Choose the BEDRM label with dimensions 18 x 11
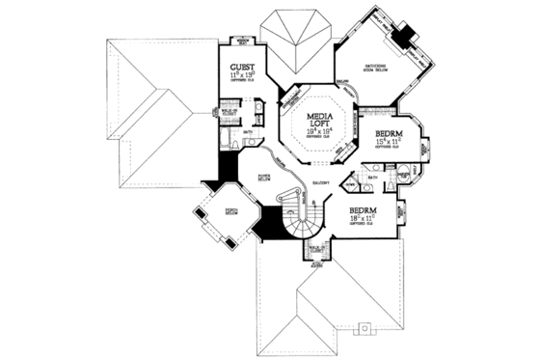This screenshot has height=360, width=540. [363, 209]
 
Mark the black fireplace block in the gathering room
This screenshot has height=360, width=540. [408, 36]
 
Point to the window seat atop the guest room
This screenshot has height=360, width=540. [244, 41]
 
